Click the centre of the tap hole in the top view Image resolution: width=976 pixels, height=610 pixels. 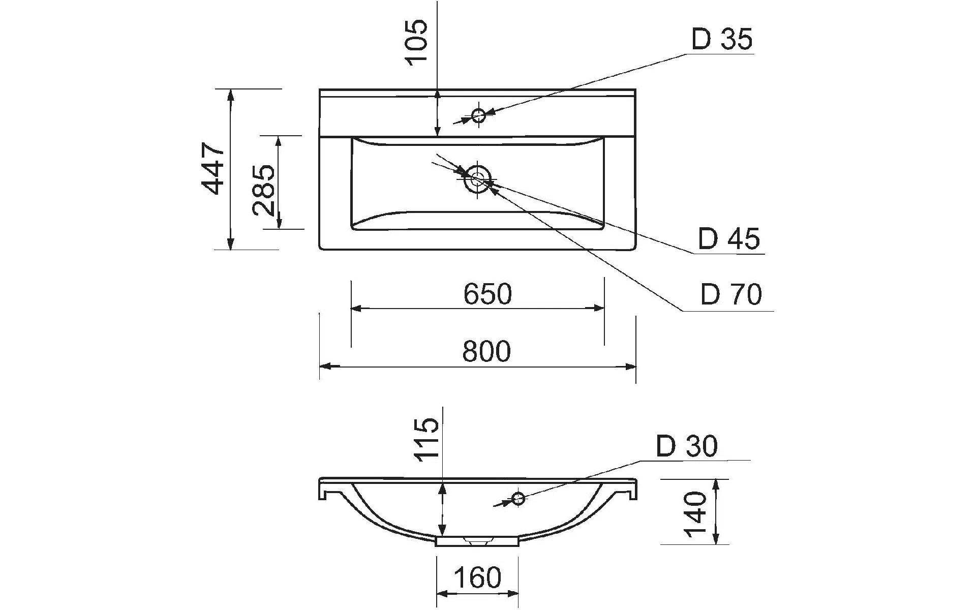[478, 115]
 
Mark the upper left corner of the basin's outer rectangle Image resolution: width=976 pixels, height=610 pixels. [320, 89]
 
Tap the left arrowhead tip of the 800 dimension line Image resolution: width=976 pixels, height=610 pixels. [320, 366]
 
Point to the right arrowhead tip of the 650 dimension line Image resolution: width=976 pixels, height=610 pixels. [604, 308]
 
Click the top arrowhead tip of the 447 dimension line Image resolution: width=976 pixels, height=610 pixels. [231, 89]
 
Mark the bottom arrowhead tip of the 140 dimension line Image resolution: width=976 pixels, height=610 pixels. [716, 544]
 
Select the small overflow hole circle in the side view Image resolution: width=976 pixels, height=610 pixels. [518, 498]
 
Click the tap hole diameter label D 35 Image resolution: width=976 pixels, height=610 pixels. [722, 39]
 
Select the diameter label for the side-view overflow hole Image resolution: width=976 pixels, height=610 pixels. [687, 446]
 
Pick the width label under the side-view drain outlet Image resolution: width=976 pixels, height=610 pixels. [477, 577]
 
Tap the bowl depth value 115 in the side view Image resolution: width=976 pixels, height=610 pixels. [426, 440]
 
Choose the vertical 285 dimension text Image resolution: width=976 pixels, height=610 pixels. [264, 190]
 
